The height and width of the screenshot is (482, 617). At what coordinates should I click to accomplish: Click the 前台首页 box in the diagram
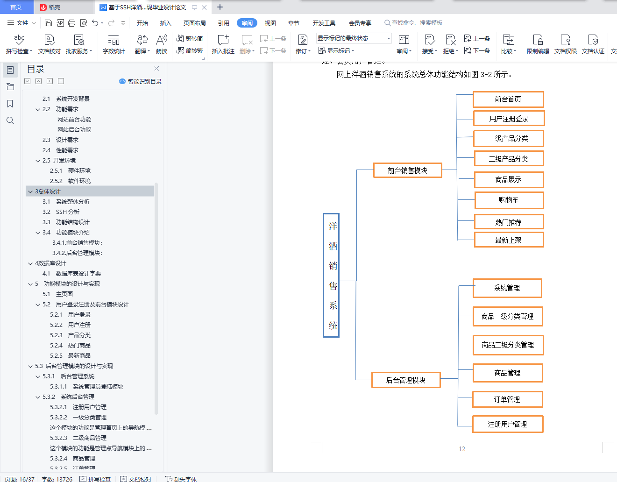point(508,99)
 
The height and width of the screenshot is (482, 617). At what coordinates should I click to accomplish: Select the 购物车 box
point(509,200)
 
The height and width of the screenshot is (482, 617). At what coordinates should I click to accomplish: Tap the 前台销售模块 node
point(407,170)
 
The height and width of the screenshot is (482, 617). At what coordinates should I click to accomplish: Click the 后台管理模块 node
point(405,380)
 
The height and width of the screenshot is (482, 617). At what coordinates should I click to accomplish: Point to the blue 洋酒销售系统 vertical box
point(331,276)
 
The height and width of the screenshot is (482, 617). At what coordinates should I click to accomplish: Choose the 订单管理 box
point(507,399)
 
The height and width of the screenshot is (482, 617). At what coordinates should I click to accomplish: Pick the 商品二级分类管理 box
point(508,345)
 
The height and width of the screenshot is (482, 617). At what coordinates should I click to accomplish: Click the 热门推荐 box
point(509,222)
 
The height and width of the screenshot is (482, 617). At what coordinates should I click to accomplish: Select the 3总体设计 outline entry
point(48,191)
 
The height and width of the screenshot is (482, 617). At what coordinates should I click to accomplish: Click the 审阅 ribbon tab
point(247,23)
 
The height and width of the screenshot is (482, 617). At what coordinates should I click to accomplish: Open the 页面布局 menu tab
point(195,23)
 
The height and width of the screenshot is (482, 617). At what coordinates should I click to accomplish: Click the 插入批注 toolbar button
point(223,44)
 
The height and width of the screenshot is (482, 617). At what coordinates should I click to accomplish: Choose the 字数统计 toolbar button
point(114,44)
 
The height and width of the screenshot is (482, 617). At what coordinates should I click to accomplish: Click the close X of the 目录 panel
point(157,69)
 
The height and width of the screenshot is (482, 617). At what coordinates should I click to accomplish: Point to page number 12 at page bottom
point(462,449)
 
